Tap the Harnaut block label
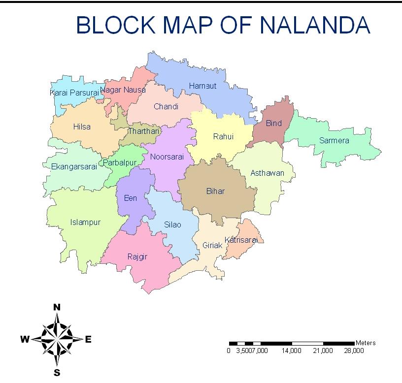202,86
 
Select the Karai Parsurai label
74,92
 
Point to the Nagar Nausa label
123,90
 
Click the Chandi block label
166,106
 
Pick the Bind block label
274,123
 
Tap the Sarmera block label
334,141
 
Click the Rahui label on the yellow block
223,137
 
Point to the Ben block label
131,198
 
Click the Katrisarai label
241,240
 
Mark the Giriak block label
213,245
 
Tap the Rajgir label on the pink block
137,256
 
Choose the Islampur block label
85,222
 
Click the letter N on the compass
57,307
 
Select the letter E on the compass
88,339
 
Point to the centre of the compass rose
57,339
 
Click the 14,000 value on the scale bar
291,351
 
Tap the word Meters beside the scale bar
365,343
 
